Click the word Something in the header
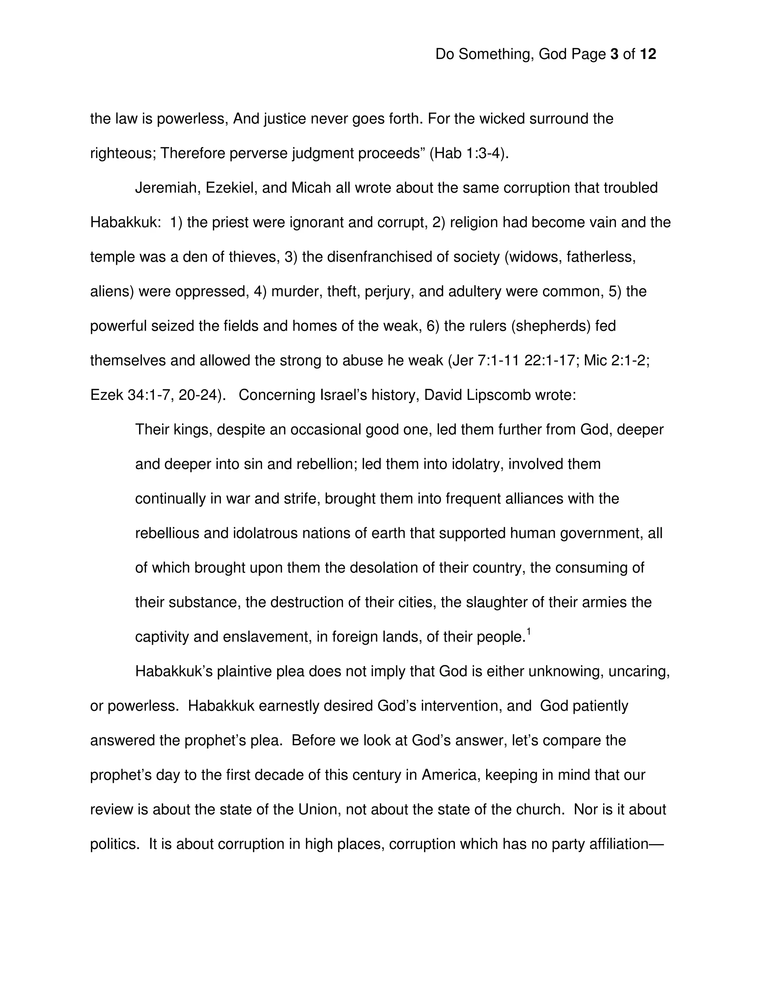tap(496, 55)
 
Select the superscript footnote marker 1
tap(528, 631)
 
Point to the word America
tap(450, 775)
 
